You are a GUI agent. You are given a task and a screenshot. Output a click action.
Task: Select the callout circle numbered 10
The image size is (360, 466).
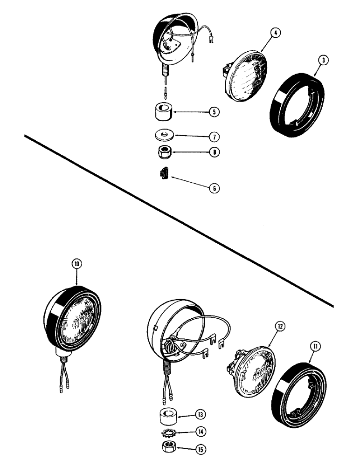76,264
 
